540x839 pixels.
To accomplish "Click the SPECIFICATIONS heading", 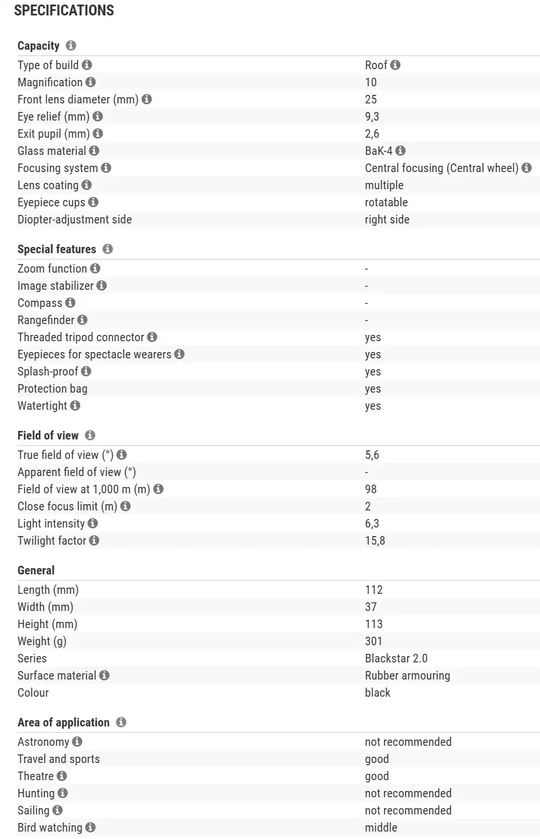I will click(64, 10).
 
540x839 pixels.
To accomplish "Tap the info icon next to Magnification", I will click(90, 82).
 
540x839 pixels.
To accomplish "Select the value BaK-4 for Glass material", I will click(379, 151).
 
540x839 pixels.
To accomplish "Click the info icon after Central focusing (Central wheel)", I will click(527, 168).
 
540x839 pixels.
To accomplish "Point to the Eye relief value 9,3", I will click(372, 117).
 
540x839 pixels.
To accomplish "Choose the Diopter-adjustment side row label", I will click(74, 219).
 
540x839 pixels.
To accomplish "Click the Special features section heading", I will click(57, 249).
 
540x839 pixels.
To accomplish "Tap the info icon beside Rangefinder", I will click(82, 320).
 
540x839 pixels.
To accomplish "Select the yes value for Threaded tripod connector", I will click(373, 337).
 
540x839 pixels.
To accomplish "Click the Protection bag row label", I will click(53, 389).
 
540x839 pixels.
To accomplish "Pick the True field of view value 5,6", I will click(372, 455).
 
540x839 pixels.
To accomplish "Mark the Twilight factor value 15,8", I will click(375, 541).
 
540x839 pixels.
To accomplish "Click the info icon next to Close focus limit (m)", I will click(126, 506).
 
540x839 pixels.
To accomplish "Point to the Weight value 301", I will click(374, 641).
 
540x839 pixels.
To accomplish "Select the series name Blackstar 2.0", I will click(396, 658).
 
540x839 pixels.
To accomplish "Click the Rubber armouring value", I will click(407, 676).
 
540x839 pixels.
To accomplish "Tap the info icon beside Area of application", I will click(121, 722).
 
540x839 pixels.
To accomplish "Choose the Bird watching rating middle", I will click(381, 828).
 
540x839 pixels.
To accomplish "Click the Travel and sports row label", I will click(58, 759).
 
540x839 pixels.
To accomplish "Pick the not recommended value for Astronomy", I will click(408, 742).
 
